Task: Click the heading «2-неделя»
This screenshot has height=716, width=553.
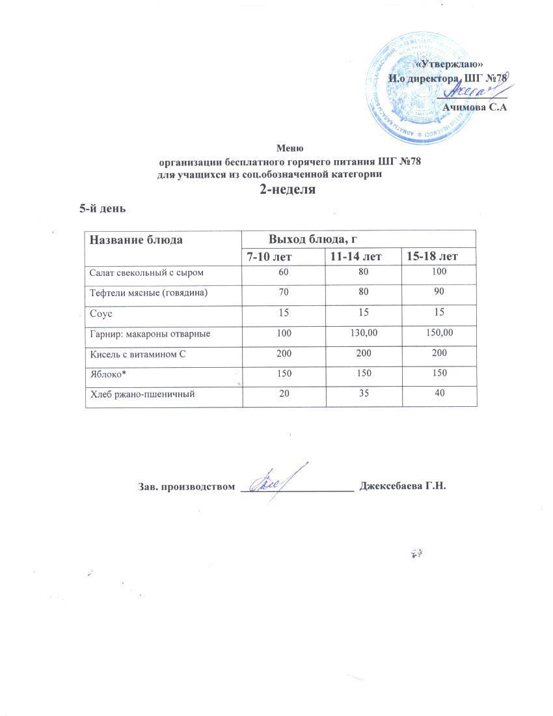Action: coord(288,190)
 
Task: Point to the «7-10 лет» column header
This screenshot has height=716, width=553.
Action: coord(282,256)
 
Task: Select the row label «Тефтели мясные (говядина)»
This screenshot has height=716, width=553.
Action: coord(148,293)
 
